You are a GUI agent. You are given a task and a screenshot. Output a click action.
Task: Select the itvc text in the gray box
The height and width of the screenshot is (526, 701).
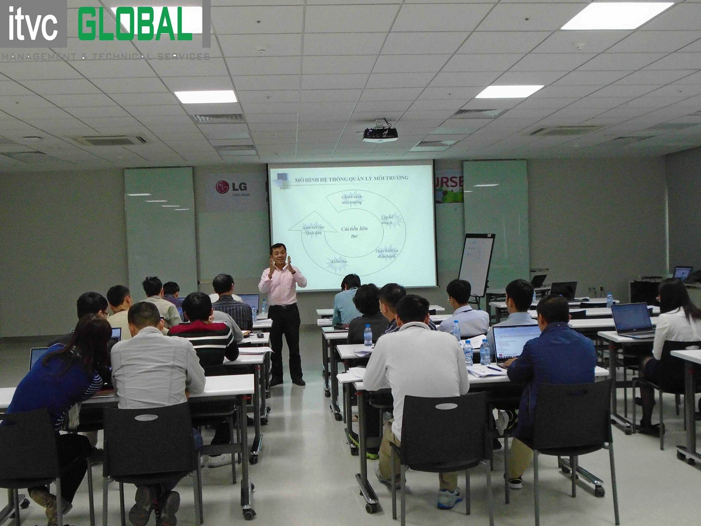coord(33,24)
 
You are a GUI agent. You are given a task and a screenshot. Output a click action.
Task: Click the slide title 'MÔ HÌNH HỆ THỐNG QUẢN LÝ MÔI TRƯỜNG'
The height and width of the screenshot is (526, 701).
coord(352,178)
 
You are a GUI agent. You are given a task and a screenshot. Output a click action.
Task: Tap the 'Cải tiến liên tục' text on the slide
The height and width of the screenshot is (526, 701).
coord(355,232)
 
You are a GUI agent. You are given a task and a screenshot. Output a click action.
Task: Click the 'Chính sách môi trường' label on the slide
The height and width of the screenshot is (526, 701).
coord(352,199)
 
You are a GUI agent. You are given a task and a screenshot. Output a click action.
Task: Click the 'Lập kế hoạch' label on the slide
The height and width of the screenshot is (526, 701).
coord(387,220)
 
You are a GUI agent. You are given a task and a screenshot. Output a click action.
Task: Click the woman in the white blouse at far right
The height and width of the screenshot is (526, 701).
coord(676,329)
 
